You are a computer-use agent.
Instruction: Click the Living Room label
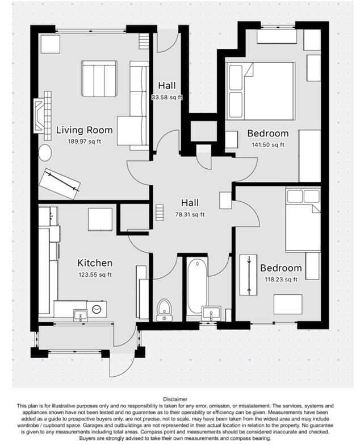84,130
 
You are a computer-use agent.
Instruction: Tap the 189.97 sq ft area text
84,142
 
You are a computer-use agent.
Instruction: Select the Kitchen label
95,263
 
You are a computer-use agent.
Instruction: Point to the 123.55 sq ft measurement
95,275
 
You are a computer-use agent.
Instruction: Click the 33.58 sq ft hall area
167,97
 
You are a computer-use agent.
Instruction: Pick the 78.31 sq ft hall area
190,215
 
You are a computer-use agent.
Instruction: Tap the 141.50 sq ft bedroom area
268,145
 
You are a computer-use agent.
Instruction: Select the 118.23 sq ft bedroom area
281,280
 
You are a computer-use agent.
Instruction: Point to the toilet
164,309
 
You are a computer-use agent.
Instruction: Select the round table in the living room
44,152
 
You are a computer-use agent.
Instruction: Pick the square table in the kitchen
101,219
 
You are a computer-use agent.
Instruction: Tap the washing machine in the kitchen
95,309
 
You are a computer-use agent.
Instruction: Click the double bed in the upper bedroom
261,91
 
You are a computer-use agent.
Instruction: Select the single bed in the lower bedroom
303,222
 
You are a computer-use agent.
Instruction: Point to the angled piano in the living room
59,183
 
